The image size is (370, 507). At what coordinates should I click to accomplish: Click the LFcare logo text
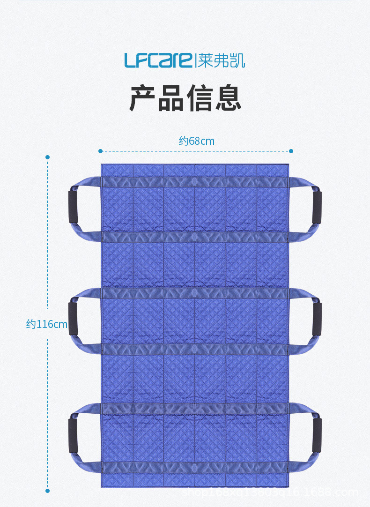[158, 60]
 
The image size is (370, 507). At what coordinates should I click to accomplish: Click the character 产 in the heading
[143, 98]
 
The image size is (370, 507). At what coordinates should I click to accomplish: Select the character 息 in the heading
[228, 98]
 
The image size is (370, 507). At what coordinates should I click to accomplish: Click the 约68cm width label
[196, 141]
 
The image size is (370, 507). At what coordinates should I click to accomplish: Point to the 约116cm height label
[46, 324]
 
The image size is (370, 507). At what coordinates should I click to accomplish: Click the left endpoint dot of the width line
[100, 151]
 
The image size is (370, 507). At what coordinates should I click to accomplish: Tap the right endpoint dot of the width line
[291, 151]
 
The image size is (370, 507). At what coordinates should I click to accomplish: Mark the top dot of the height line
[47, 157]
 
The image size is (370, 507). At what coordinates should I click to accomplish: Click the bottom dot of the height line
[47, 491]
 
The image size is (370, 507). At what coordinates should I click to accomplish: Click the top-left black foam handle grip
[74, 207]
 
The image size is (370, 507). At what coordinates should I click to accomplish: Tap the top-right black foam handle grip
[317, 207]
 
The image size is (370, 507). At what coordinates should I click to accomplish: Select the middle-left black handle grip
[73, 319]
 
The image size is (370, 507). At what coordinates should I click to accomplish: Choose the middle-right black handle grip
[317, 319]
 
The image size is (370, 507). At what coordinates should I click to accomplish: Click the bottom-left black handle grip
[73, 435]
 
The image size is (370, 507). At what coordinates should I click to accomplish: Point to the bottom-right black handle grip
[317, 435]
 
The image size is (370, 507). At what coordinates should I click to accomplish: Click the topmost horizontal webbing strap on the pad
[194, 182]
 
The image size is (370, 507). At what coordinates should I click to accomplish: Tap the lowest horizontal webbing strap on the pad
[194, 467]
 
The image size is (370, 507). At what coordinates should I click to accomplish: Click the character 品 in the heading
[171, 98]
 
